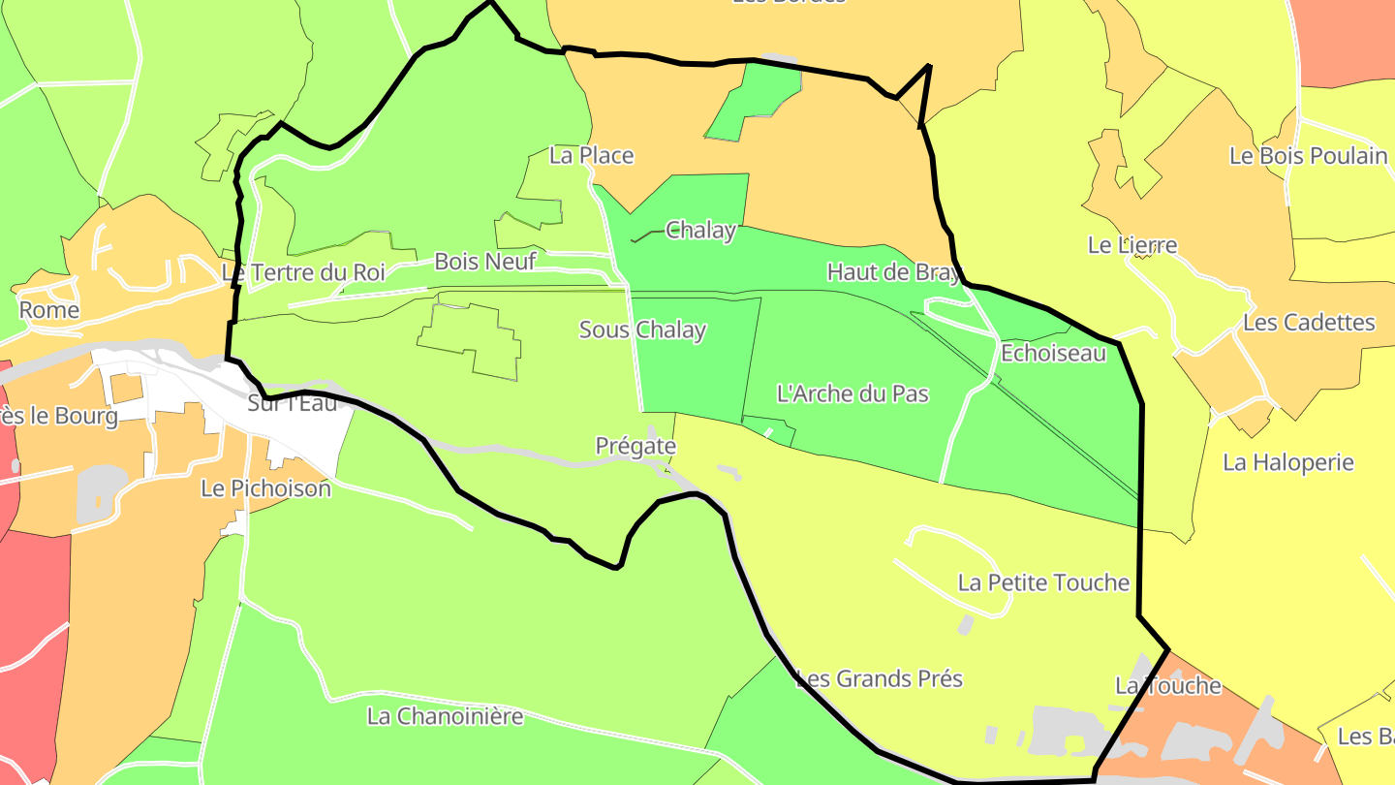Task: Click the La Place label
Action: pos(591,155)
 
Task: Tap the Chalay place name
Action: pos(700,231)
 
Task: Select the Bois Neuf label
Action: pos(484,261)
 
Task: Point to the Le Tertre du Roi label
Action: pos(303,272)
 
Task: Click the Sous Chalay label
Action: pos(642,330)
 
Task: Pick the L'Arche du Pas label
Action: pos(852,393)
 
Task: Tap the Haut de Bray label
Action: pos(893,272)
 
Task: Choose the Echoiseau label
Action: pos(1053,353)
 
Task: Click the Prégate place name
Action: pos(635,446)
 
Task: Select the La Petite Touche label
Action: pos(1043,582)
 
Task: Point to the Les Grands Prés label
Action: pos(879,678)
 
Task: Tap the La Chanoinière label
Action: pos(445,716)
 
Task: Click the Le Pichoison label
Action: pos(265,488)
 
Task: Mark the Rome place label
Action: pos(49,310)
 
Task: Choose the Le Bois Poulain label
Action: pos(1308,155)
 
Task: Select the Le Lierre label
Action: pos(1132,245)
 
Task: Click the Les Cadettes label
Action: pos(1309,323)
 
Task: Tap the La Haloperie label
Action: pos(1287,462)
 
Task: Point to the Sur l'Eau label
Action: pos(293,403)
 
